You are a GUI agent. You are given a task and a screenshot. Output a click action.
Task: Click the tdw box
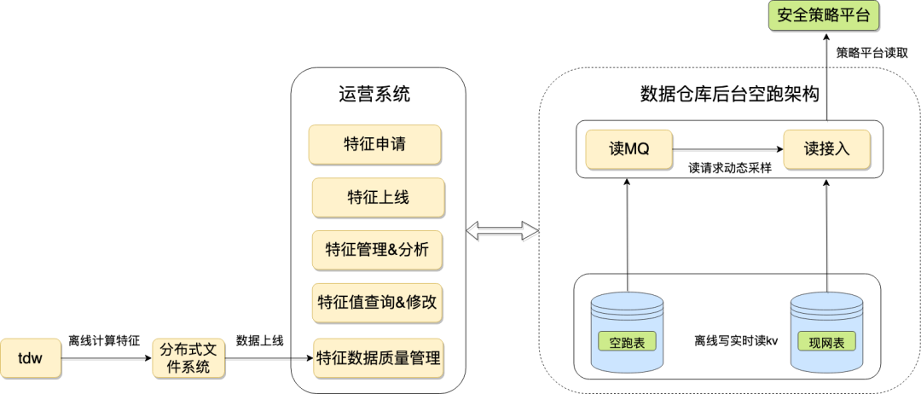31,358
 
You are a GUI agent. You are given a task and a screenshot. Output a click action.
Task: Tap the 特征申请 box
375,144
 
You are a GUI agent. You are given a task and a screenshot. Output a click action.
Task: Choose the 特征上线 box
378,197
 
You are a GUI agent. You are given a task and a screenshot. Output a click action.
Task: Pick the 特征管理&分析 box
378,250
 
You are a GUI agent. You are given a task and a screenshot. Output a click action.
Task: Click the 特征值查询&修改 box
378,303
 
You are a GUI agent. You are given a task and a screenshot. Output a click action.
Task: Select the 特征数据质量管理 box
378,358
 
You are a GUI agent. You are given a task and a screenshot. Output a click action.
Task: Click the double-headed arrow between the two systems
502,229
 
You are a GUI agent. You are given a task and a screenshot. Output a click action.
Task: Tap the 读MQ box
629,149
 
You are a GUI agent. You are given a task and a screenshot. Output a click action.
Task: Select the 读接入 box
826,149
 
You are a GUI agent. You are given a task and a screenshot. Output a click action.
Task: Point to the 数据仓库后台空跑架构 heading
729,94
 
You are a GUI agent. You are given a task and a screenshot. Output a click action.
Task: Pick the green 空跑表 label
627,343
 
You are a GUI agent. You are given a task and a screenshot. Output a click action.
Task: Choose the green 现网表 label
826,343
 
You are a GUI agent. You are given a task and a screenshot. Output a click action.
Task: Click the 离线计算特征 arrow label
104,340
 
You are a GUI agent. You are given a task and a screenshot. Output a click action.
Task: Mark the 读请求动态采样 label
730,168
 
